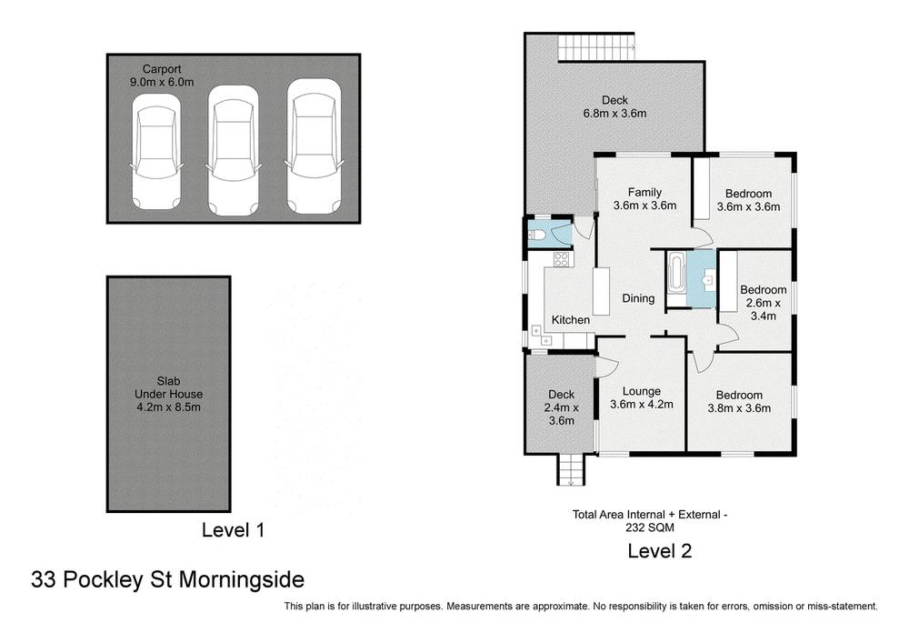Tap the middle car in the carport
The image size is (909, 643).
[235, 150]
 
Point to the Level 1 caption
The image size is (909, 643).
[232, 529]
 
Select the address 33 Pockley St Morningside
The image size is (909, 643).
[167, 579]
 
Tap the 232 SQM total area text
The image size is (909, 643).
[650, 527]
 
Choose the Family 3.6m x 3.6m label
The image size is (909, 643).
[644, 199]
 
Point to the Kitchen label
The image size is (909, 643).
[571, 320]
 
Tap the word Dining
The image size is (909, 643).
[638, 298]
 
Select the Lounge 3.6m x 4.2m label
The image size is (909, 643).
[641, 398]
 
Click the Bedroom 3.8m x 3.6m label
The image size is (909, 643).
[738, 401]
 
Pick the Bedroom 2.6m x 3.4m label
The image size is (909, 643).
[763, 303]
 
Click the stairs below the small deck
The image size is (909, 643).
[569, 470]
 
